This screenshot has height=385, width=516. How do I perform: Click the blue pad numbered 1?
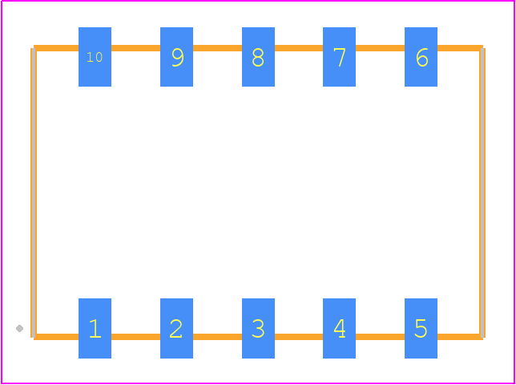tap(95, 328)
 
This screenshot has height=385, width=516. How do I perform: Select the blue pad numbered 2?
tap(176, 328)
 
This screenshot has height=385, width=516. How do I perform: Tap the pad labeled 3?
tap(258, 328)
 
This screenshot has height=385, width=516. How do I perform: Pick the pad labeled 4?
tap(339, 328)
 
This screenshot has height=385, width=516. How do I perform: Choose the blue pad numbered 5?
tap(421, 328)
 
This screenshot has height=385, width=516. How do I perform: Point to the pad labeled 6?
tap(421, 57)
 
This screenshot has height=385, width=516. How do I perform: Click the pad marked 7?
tap(339, 57)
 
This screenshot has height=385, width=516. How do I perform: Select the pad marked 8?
tap(258, 57)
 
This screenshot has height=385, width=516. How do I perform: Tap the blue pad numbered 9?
tap(176, 57)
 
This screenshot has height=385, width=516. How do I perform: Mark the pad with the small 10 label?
tap(95, 57)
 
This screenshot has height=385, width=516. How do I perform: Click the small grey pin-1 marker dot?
tap(19, 328)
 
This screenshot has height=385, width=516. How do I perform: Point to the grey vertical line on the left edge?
tap(34, 192)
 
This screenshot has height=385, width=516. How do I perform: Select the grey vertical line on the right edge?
tap(482, 192)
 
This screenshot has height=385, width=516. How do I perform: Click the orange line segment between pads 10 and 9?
tap(135, 48)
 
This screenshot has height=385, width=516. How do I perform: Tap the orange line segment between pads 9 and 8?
tap(217, 48)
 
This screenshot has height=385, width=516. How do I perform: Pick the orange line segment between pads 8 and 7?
tap(299, 48)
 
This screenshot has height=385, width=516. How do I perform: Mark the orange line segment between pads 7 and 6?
tap(380, 48)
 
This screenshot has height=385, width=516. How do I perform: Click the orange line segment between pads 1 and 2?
tap(135, 337)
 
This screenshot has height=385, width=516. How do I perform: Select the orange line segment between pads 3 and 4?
tap(299, 337)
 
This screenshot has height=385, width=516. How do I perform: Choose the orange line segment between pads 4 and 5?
tap(380, 337)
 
